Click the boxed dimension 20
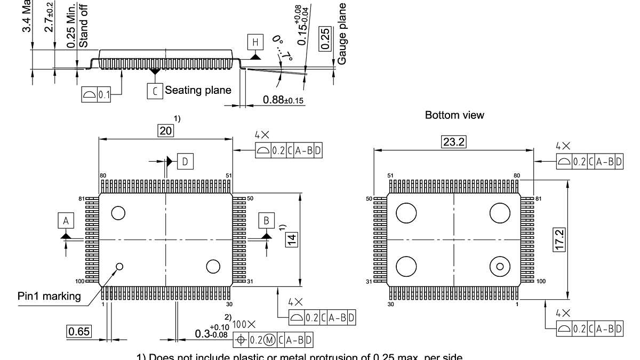click(166, 131)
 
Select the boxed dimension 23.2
click(454, 142)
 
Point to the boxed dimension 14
click(292, 239)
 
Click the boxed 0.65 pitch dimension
click(78, 331)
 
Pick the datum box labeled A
click(66, 220)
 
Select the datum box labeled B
click(266, 220)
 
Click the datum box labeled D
click(185, 162)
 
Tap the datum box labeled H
click(255, 42)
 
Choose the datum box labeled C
click(155, 91)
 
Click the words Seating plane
click(198, 90)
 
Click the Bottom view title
click(454, 115)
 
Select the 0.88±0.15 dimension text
click(283, 100)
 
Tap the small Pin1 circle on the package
click(119, 267)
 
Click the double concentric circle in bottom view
click(500, 266)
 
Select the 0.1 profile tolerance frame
click(96, 95)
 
